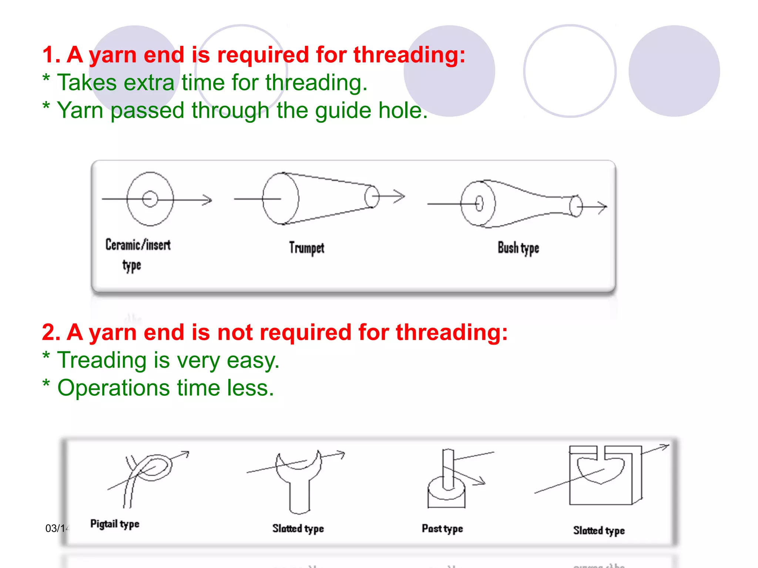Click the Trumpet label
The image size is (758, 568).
pos(306,248)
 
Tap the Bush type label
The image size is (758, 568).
pos(518,248)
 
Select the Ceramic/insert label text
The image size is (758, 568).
pos(138,245)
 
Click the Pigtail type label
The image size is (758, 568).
pos(115,524)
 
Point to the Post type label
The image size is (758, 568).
pos(442,528)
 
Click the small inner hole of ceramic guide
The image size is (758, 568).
pos(150,199)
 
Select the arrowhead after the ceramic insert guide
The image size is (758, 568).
pos(208,200)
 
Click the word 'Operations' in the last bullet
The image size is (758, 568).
pos(113,388)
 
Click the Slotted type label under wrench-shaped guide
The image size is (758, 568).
pos(298,528)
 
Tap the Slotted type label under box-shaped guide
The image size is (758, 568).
pos(599,531)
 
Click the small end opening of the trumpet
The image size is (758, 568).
pos(372,197)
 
